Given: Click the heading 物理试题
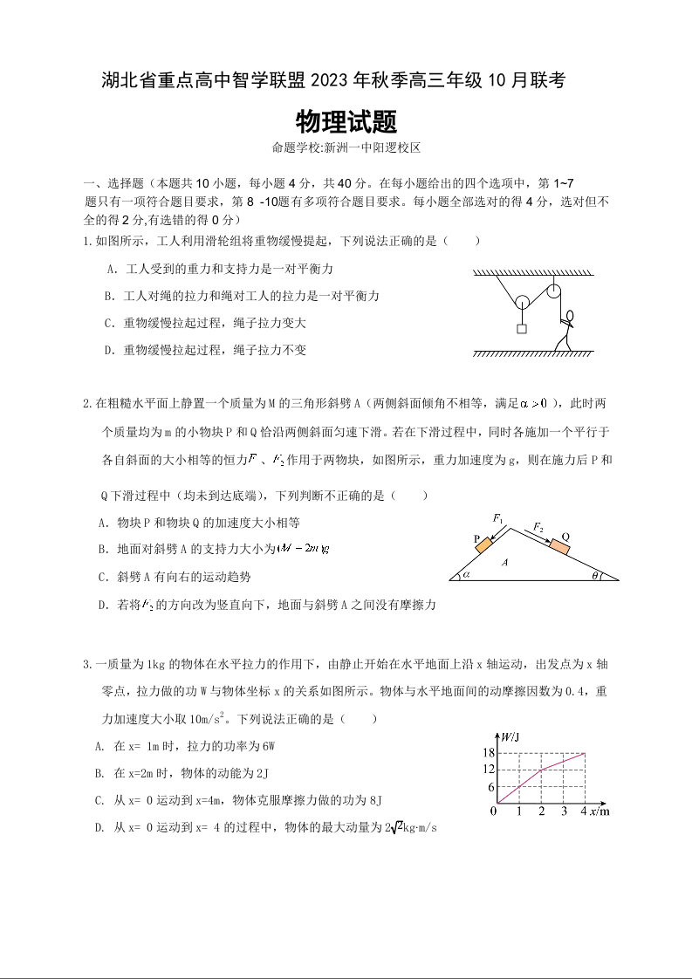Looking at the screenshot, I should point(346,121).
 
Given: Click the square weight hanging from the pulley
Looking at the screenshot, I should point(521,329).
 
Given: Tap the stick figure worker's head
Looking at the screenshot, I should point(571,315).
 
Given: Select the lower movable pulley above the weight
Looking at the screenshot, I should point(521,303).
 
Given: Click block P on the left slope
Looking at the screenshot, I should point(483,542).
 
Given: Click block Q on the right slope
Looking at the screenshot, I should point(558,547).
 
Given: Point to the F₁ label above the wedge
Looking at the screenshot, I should point(499,519).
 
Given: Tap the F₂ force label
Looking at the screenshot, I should point(538,528).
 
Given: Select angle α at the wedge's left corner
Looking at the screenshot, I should point(466,574).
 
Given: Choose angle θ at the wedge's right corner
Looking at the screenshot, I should point(596,575).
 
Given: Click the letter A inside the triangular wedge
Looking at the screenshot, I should point(504,563).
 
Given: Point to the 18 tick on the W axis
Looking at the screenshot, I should point(489,753).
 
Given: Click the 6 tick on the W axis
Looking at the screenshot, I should point(491,787).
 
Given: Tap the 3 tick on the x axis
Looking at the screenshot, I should point(563,811).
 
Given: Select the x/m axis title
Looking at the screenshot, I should point(599,811).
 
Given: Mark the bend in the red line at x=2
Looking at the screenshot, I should point(541,770).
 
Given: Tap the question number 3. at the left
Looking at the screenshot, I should point(87,664).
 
